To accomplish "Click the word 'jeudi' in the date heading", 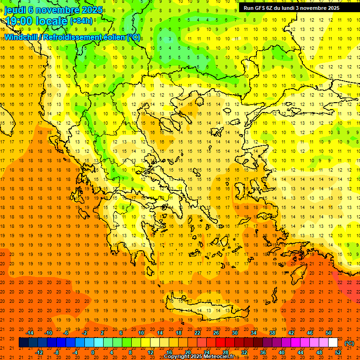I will [x=15, y=10].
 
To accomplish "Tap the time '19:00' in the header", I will [x=20, y=21].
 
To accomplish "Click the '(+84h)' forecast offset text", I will [x=81, y=21].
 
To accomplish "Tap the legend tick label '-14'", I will [x=31, y=332].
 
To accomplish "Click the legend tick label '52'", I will [x=338, y=352].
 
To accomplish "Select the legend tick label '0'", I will [x=92, y=352].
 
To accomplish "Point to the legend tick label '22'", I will [x=197, y=332].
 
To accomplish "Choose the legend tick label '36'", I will [x=263, y=352].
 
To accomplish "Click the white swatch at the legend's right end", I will [x=333, y=343].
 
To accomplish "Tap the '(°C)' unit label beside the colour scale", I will [x=349, y=343].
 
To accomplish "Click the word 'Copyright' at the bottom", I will [x=177, y=357].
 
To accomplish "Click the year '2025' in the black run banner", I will [x=331, y=7].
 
